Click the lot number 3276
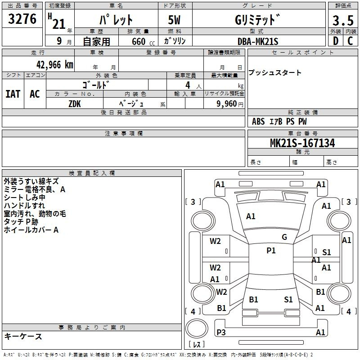[22, 19]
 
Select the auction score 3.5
[343, 20]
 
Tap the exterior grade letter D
[336, 41]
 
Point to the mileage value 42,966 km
[55, 65]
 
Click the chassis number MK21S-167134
[302, 143]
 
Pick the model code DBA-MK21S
[258, 41]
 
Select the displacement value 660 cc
[143, 41]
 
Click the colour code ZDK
[75, 104]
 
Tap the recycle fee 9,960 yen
[230, 104]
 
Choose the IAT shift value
[13, 94]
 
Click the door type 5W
[174, 20]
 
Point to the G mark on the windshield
[284, 237]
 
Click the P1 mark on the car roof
[271, 250]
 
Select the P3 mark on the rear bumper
[221, 332]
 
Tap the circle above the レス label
[197, 328]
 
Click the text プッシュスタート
[275, 72]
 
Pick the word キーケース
[23, 336]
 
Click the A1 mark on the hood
[251, 216]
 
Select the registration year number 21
[59, 24]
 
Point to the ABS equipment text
[258, 121]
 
